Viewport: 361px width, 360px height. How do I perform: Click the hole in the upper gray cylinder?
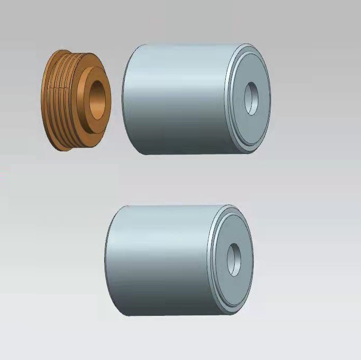(252, 98)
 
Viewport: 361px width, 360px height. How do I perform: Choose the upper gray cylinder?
(184, 100)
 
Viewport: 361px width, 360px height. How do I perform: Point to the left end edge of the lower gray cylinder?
(106, 260)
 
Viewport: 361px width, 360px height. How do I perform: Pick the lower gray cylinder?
(168, 260)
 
